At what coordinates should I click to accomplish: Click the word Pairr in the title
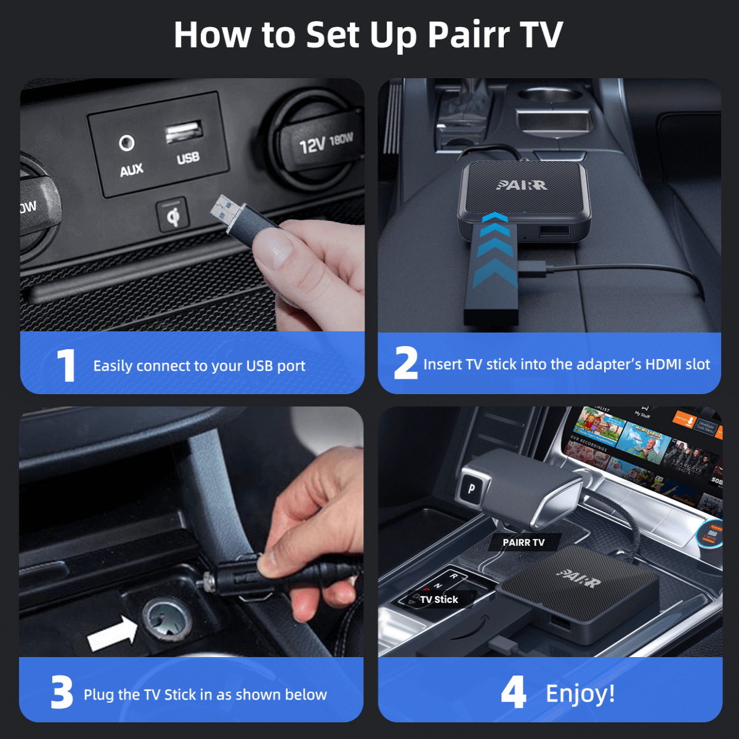tap(469, 35)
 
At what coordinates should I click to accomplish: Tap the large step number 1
tap(66, 366)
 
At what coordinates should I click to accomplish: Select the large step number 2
tap(405, 363)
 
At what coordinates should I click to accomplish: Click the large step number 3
tap(62, 693)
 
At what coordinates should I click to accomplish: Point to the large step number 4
tap(513, 692)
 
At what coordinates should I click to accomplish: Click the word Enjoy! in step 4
tap(580, 693)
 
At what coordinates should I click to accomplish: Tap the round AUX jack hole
tap(127, 143)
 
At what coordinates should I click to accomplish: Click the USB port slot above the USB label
tap(184, 132)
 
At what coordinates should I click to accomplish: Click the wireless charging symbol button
tap(173, 216)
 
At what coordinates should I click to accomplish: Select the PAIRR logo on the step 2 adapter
tap(522, 184)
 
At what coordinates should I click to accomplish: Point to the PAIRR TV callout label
tap(523, 543)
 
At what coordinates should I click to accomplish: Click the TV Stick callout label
tap(439, 599)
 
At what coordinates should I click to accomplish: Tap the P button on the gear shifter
tap(471, 489)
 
